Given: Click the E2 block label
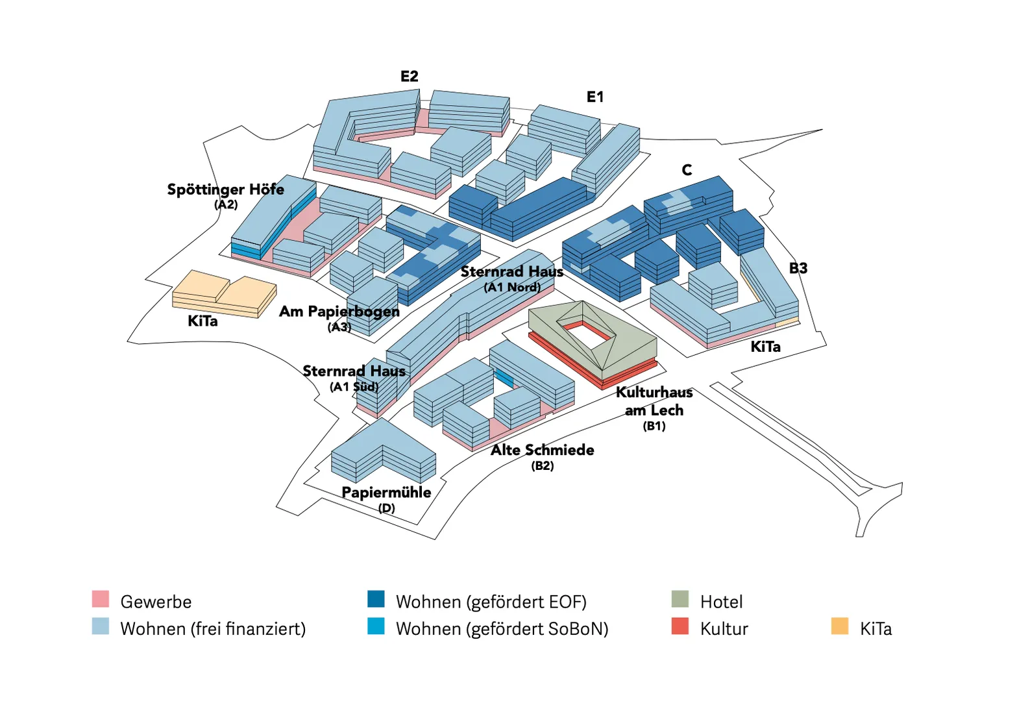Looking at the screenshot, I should (x=409, y=77).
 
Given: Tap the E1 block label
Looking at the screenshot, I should (x=594, y=97).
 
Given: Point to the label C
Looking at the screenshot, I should (x=687, y=170).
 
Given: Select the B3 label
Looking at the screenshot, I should (x=798, y=269).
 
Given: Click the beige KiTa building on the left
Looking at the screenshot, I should (x=224, y=295).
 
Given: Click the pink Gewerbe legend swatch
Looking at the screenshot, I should (x=101, y=599).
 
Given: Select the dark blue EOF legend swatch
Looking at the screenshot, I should (x=376, y=599).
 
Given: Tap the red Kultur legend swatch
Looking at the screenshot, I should (x=680, y=626).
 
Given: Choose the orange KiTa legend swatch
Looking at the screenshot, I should (x=839, y=626).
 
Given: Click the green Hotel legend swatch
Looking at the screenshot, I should (x=680, y=599).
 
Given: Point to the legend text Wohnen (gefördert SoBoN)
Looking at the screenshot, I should (x=502, y=629).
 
